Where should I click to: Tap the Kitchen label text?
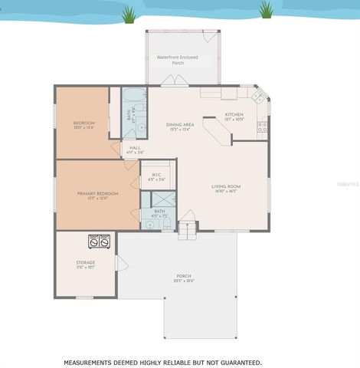pos(234,114)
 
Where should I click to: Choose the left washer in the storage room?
pos(94,241)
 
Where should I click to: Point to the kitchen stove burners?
pos(262,126)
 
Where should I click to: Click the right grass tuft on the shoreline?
pos(266,10)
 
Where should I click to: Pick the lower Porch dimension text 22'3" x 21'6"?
pos(184,281)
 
